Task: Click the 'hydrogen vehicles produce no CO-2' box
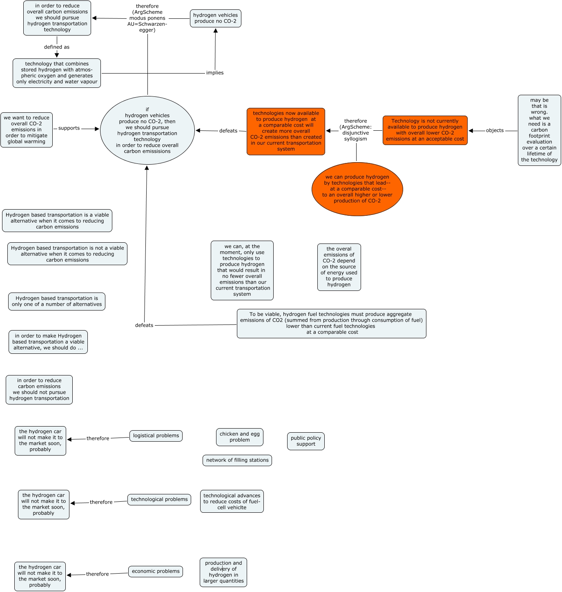click(215, 18)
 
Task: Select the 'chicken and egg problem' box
click(239, 437)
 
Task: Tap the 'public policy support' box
click(306, 441)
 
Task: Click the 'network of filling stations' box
click(237, 460)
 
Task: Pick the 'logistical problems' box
click(156, 436)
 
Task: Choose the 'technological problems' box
click(159, 500)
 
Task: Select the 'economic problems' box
click(155, 572)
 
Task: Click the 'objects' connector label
click(495, 131)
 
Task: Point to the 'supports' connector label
click(69, 128)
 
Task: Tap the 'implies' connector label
click(215, 73)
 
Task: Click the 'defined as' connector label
click(57, 47)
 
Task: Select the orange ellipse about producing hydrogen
click(357, 189)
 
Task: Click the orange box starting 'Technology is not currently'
click(425, 130)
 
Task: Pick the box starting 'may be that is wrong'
click(539, 130)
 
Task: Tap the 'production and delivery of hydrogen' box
click(223, 572)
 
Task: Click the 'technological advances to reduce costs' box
click(232, 501)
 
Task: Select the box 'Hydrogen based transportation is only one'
click(57, 302)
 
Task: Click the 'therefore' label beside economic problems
click(97, 574)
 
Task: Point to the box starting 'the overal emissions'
click(339, 267)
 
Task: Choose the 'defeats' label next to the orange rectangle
click(228, 131)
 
